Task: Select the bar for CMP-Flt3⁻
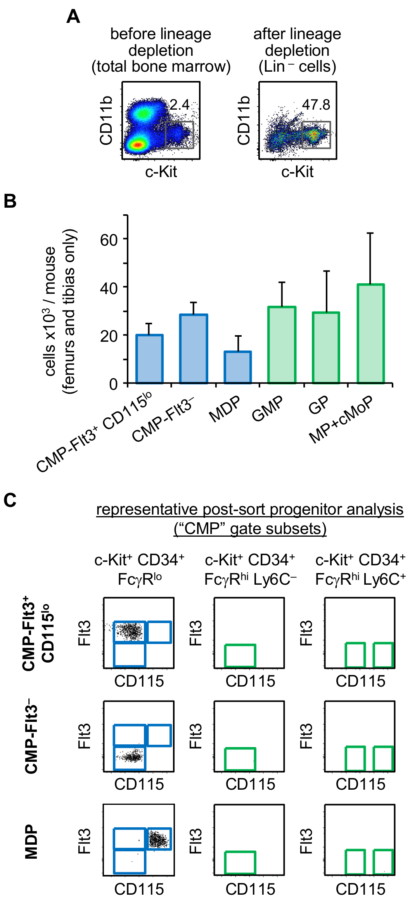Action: (193, 349)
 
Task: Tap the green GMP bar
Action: (282, 345)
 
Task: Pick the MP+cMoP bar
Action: (370, 334)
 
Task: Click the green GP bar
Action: (326, 348)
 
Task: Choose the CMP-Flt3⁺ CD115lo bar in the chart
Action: (149, 359)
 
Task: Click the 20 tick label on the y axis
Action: (109, 336)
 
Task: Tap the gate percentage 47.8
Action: (316, 105)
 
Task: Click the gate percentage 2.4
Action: (180, 105)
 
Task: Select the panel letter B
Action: (10, 201)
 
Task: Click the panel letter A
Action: (73, 17)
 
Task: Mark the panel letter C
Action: (10, 500)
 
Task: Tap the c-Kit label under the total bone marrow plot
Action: (161, 172)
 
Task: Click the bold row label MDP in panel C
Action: (31, 841)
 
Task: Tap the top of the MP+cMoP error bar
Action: (370, 233)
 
